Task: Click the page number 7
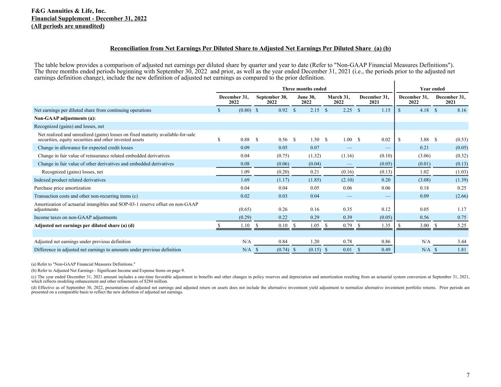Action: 468,375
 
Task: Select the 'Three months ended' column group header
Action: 304,89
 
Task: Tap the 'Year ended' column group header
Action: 432,89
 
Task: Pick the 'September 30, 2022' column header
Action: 272,99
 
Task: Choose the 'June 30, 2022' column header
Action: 306,99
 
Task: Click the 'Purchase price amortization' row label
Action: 62,188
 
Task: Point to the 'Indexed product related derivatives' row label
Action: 70,180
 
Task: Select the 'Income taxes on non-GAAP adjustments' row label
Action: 76,217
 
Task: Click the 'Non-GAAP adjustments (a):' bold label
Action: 65,118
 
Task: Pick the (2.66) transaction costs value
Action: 460,196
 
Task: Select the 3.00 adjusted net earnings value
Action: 424,225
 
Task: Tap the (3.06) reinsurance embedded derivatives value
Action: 423,156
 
